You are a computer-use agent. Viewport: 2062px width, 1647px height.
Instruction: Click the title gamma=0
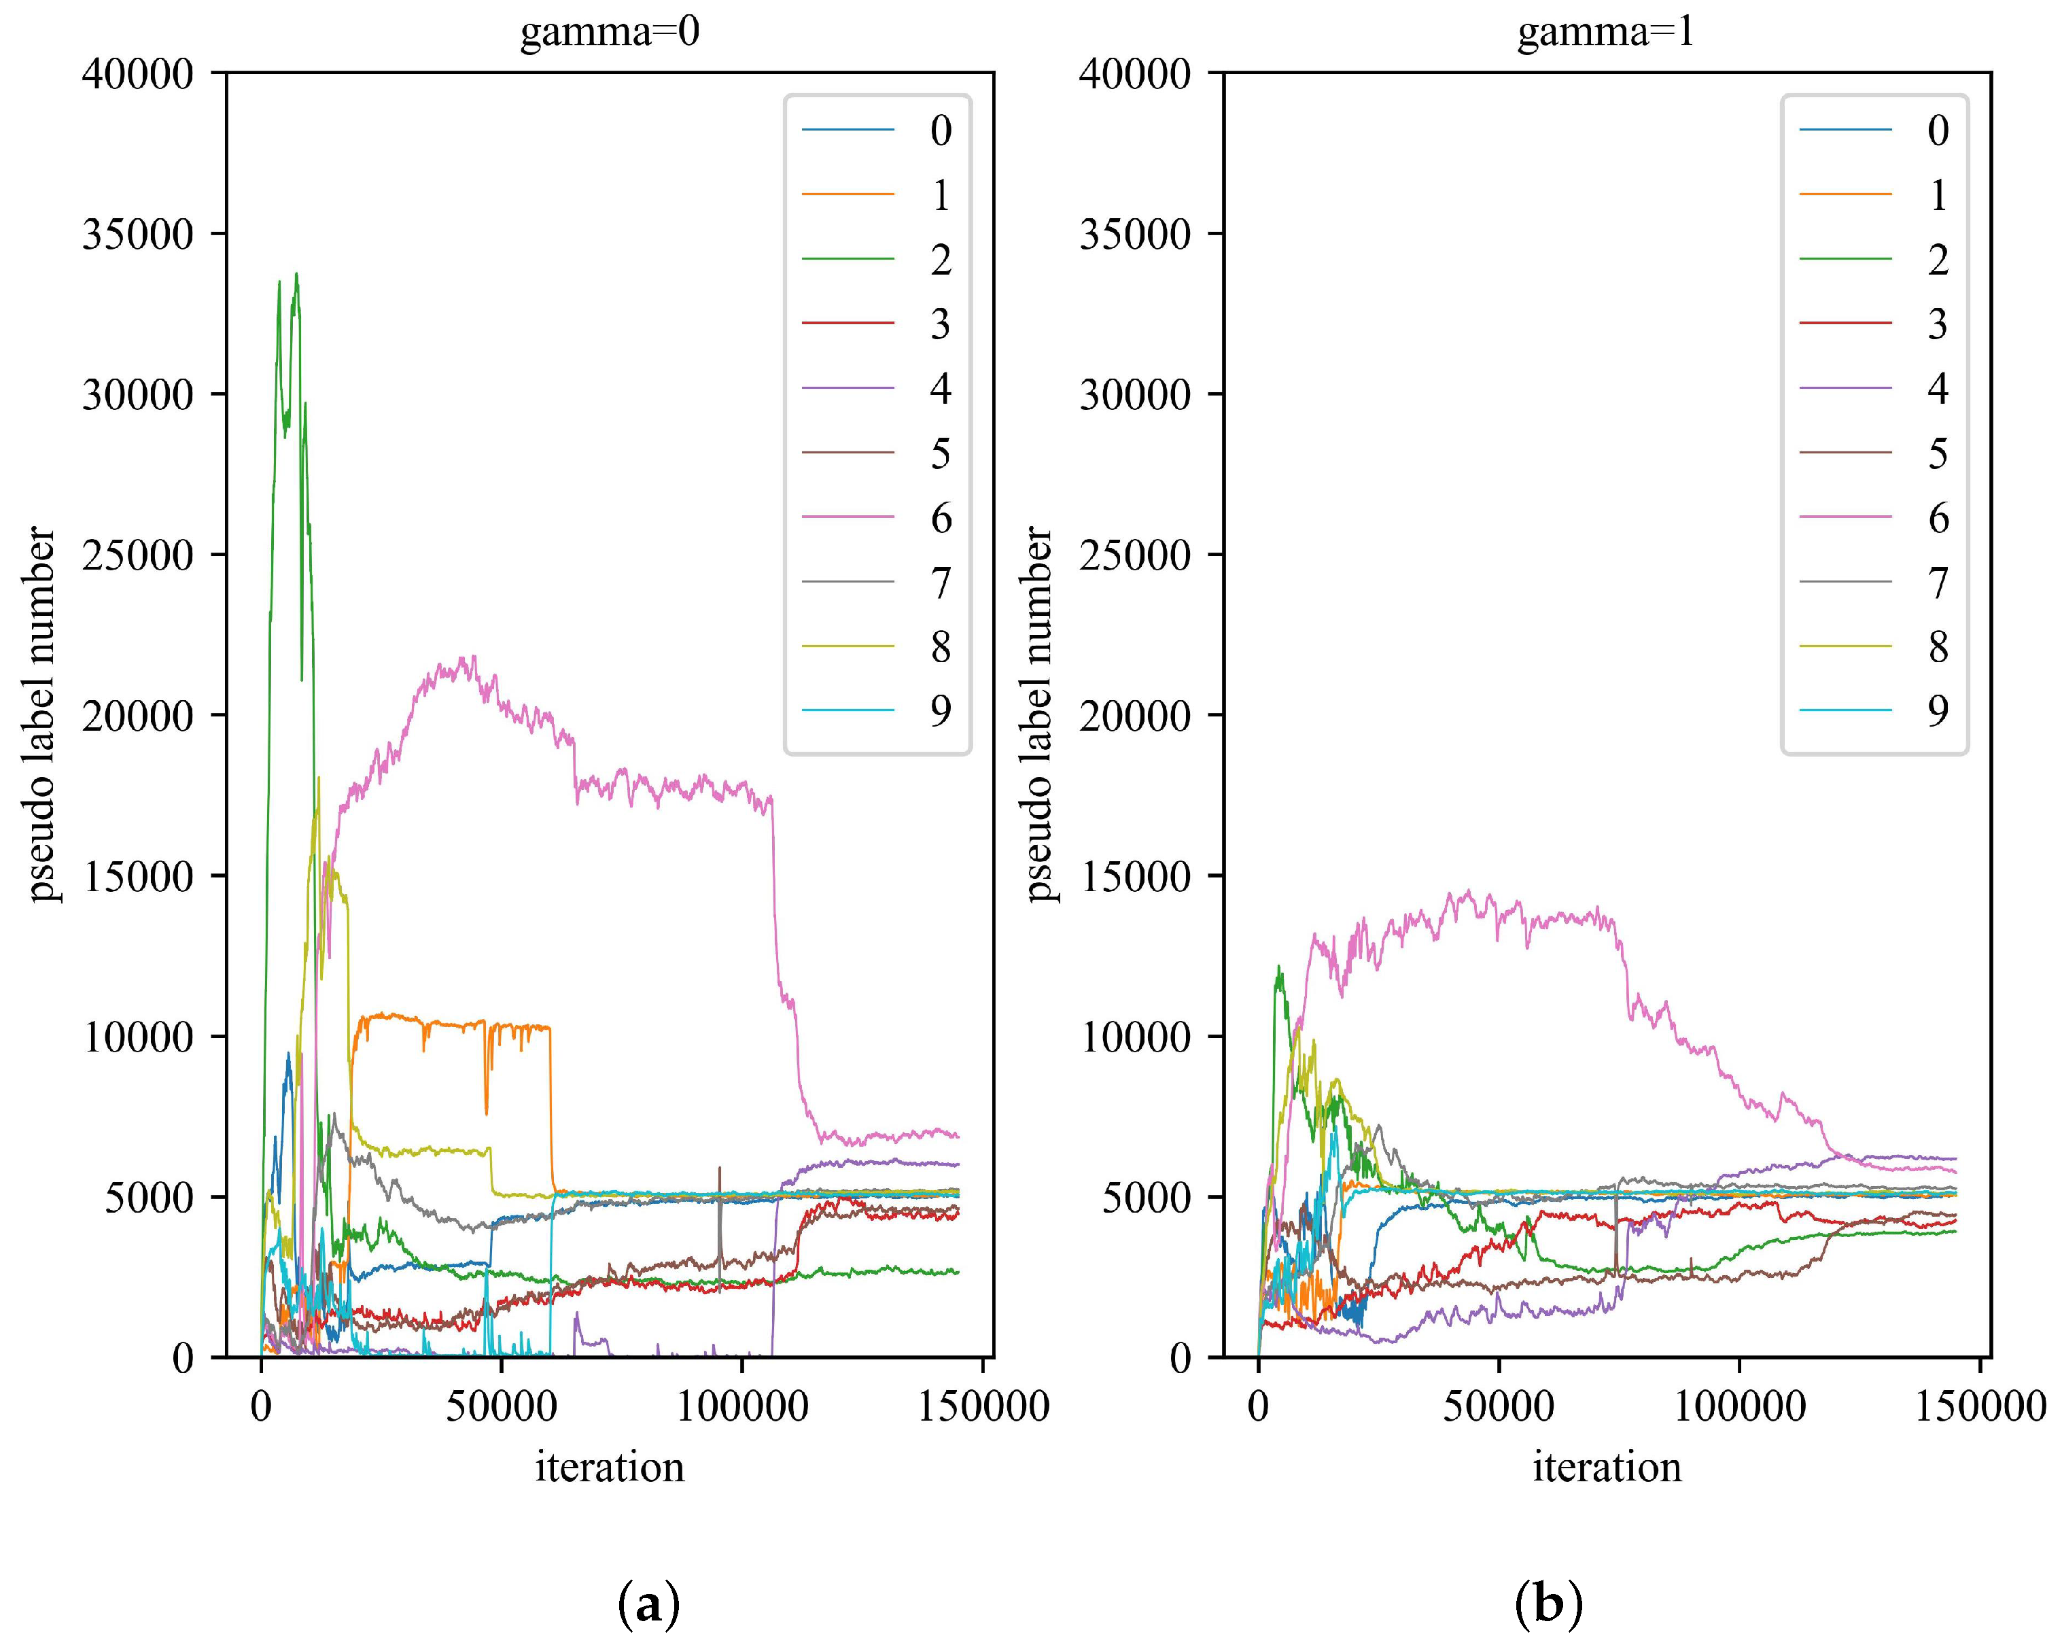tap(609, 33)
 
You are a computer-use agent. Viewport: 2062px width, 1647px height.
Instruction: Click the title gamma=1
tap(1606, 33)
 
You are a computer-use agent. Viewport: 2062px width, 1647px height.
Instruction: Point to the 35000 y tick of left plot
tap(138, 235)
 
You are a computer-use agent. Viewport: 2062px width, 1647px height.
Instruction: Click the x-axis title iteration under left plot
tap(609, 1467)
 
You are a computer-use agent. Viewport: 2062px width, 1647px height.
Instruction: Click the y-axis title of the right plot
tap(1040, 714)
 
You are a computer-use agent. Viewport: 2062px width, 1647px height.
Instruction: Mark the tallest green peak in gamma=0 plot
tap(296, 275)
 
